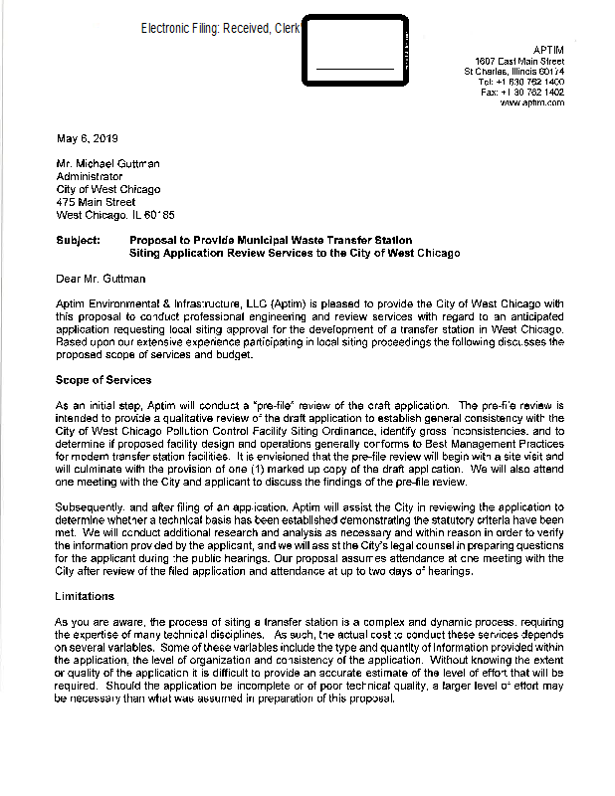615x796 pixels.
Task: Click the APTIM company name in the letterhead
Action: [548, 50]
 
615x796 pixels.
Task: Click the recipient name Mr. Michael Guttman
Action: [107, 163]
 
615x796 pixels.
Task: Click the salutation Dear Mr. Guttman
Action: [101, 279]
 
